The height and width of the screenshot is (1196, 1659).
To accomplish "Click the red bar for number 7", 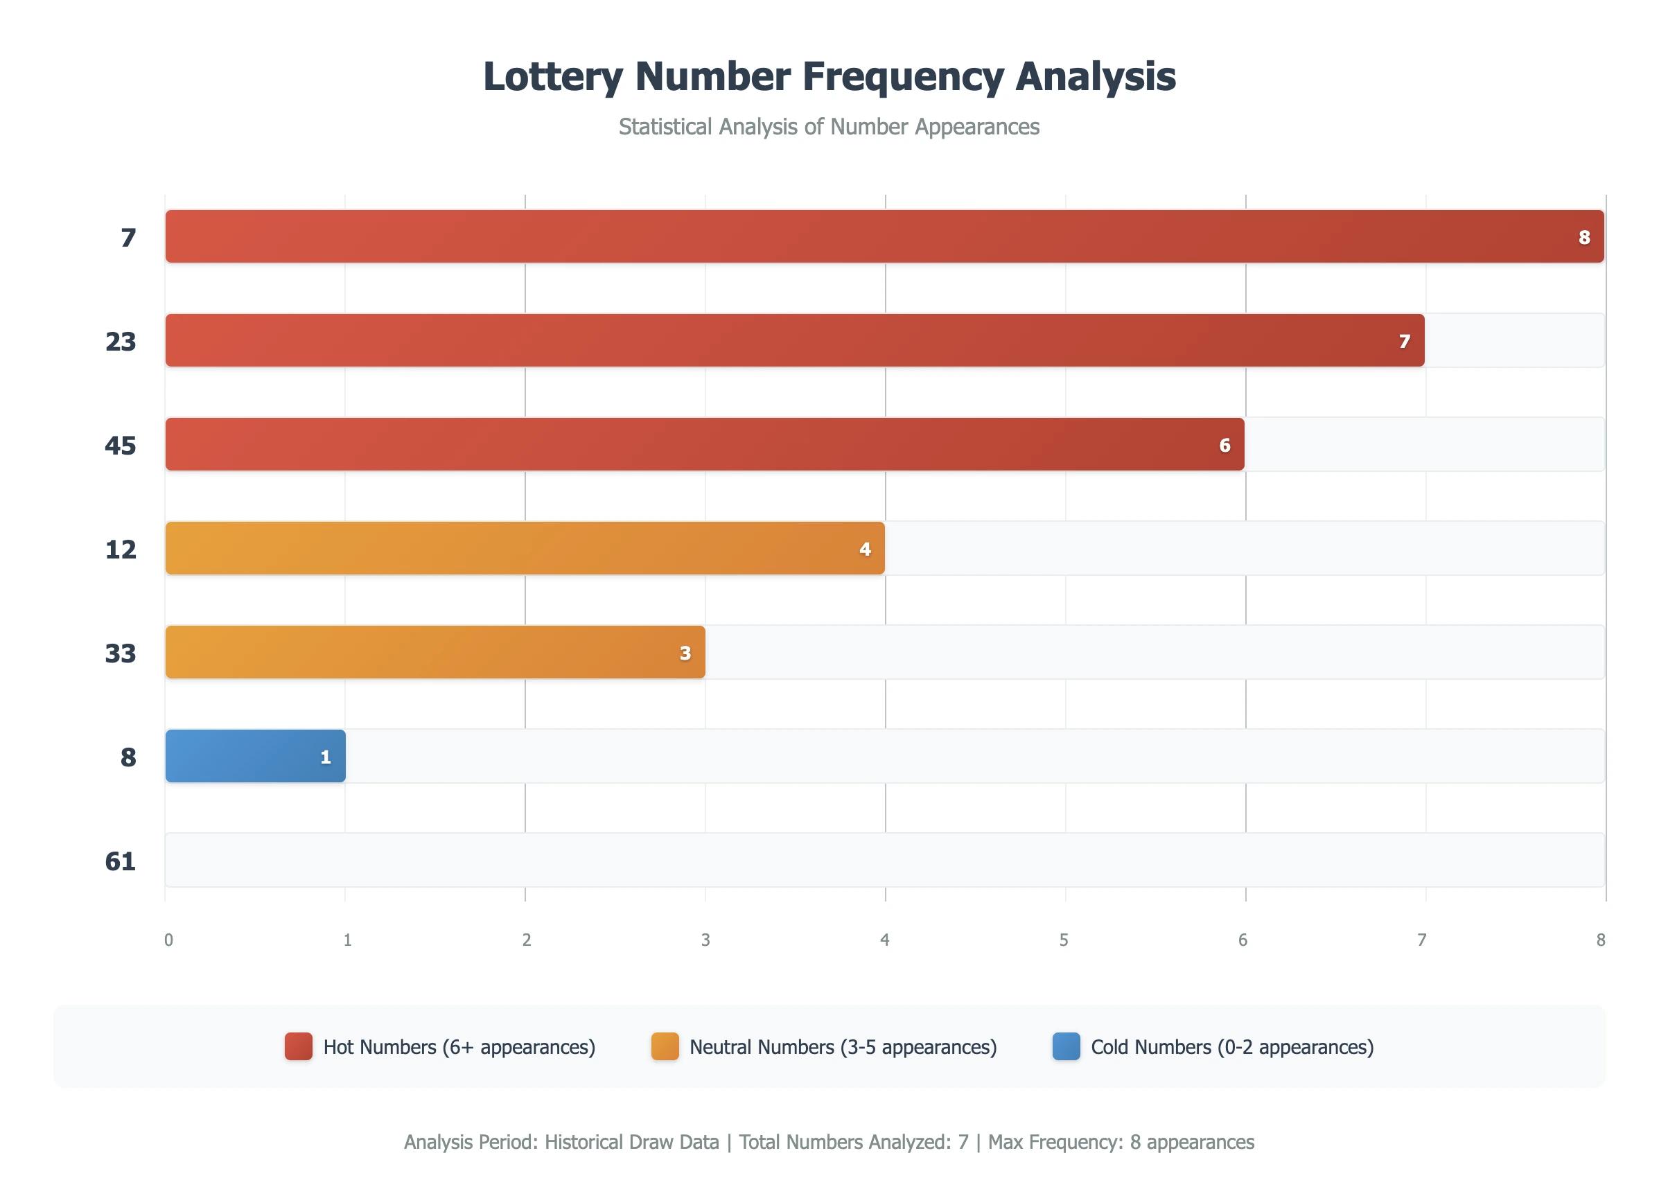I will click(878, 236).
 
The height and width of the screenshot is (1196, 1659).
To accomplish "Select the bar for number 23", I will click(790, 340).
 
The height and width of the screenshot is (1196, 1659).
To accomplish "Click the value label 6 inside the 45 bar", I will click(1224, 445).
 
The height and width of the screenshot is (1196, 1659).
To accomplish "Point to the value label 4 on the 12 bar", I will click(865, 549).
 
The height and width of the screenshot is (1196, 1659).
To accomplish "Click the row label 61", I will click(121, 861).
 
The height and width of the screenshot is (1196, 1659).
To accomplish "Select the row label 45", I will click(121, 445).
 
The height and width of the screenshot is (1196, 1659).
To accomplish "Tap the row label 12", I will click(121, 549).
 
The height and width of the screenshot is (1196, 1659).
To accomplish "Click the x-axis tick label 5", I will click(1064, 940).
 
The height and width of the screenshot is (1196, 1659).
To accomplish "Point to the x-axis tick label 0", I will click(169, 940).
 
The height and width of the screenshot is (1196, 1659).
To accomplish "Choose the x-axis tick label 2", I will click(527, 940).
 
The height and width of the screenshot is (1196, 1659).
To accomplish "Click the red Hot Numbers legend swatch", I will click(299, 1046).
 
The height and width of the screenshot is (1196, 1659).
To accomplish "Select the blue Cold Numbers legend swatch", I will click(1066, 1046).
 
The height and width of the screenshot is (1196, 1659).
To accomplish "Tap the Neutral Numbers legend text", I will click(843, 1047).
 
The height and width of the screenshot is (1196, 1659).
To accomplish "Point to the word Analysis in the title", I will click(1095, 77).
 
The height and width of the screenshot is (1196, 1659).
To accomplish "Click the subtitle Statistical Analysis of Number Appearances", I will click(829, 127).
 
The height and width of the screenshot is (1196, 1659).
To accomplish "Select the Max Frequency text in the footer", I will click(1121, 1142).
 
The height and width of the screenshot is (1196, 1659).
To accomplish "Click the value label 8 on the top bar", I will click(1583, 237).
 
